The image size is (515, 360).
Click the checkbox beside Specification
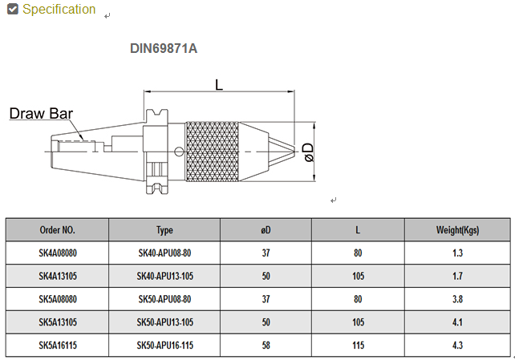pyautogui.click(x=12, y=10)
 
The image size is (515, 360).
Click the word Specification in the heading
pyautogui.click(x=59, y=10)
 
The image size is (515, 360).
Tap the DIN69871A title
pyautogui.click(x=164, y=48)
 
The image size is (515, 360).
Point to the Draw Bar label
pyautogui.click(x=41, y=113)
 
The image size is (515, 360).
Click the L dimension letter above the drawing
pyautogui.click(x=219, y=84)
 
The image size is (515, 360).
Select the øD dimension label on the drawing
pyautogui.click(x=309, y=151)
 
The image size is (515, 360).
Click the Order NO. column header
pyautogui.click(x=58, y=230)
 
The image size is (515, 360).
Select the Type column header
pyautogui.click(x=164, y=230)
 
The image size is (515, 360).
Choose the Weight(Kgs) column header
pyautogui.click(x=457, y=230)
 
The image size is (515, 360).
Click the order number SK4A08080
pyautogui.click(x=58, y=253)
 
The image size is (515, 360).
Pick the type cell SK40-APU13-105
pyautogui.click(x=164, y=277)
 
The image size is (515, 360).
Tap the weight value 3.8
pyautogui.click(x=457, y=300)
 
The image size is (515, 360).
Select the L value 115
pyautogui.click(x=358, y=346)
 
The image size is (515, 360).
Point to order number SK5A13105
pyautogui.click(x=58, y=323)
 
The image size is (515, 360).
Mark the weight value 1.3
pyautogui.click(x=457, y=253)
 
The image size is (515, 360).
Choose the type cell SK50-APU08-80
pyautogui.click(x=164, y=300)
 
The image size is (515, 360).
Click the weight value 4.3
pyautogui.click(x=457, y=346)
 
